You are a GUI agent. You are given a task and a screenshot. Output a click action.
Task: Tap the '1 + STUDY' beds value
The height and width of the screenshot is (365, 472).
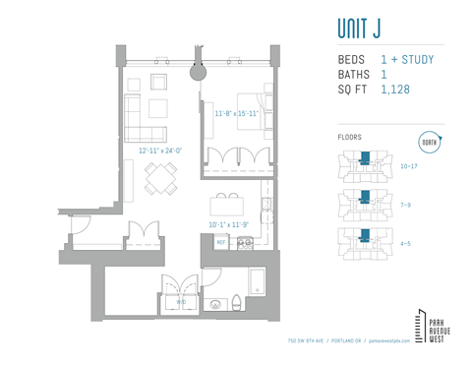coord(407,60)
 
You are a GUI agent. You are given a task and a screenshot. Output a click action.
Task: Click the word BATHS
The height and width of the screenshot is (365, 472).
coord(352,75)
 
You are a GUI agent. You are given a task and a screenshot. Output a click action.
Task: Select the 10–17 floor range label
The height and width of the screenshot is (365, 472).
coord(410,166)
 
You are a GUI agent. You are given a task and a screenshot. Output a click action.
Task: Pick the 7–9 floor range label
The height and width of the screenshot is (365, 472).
coord(406,205)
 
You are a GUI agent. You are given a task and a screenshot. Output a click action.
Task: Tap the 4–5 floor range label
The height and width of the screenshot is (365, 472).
coord(406,242)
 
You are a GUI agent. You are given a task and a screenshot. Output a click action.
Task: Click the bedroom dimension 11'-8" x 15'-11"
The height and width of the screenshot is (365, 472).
coord(236,114)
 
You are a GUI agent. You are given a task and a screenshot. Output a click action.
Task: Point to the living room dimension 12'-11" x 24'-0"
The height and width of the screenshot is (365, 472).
coord(161,151)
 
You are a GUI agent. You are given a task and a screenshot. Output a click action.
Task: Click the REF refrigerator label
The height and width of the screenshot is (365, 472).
coord(220,241)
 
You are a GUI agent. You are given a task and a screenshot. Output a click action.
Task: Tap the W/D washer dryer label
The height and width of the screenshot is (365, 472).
coord(180,301)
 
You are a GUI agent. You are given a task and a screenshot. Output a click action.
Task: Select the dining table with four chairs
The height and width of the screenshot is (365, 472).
coord(161,178)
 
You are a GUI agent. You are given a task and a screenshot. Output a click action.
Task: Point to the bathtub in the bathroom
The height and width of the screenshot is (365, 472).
coord(257,282)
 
